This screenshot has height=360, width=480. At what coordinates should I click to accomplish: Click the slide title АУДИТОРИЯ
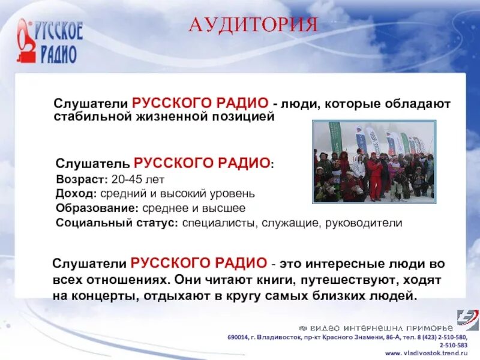tap(253, 25)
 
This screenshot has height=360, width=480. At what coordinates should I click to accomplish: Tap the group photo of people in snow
tap(374, 161)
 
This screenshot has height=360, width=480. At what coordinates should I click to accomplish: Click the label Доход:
tap(76, 194)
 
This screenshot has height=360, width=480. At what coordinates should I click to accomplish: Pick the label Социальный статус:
tap(116, 223)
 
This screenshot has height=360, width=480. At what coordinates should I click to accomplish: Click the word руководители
tap(364, 223)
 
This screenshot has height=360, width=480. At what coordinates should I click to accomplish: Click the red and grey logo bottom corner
tap(467, 320)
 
